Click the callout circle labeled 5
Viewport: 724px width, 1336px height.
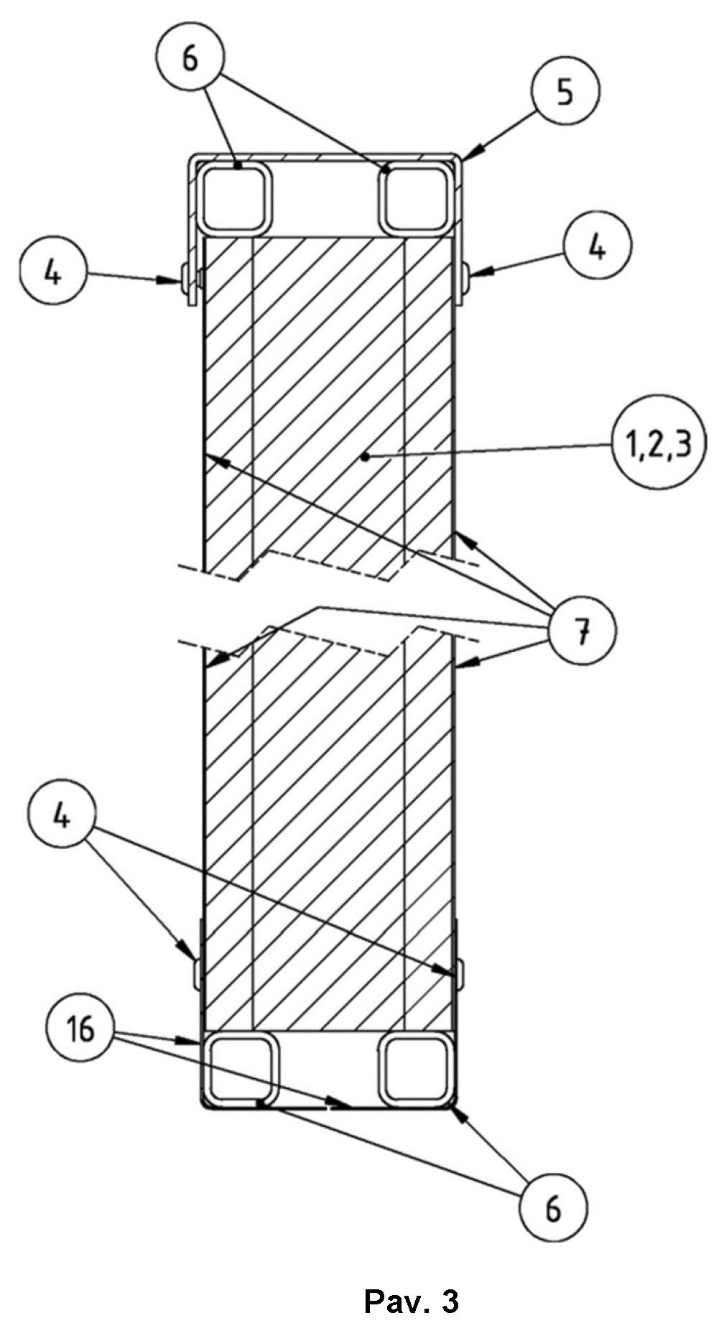tap(565, 93)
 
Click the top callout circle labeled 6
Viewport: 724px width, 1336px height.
tap(189, 58)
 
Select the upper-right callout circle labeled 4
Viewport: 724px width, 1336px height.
tap(598, 249)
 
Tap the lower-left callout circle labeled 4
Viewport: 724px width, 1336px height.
tap(65, 817)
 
